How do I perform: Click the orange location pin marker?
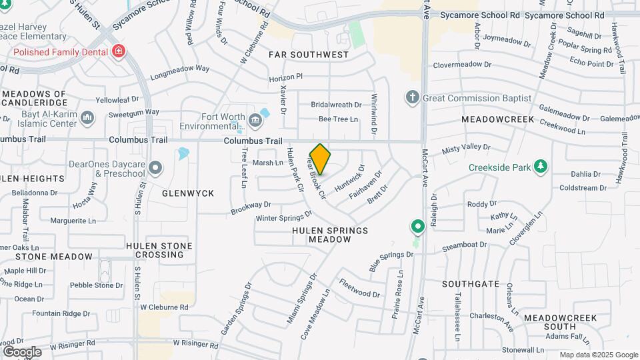coord(321,159)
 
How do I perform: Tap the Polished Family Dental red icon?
coord(119,51)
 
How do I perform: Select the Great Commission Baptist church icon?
coord(413,98)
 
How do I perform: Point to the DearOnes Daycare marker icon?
coord(155,167)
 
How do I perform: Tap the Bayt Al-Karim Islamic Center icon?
coord(87,118)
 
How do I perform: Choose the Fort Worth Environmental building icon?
coord(255,120)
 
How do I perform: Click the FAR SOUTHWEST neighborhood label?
coord(309,55)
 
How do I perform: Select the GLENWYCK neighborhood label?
coord(188,193)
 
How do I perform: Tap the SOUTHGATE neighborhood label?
coord(471,284)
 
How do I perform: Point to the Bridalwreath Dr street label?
coord(336,105)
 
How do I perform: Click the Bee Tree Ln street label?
coord(338,119)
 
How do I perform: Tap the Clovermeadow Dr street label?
coord(462,65)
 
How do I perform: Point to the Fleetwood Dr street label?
coord(359,289)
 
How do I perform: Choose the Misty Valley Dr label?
coord(461,149)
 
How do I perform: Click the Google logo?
coord(22,351)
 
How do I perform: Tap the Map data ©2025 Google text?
coord(598,355)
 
